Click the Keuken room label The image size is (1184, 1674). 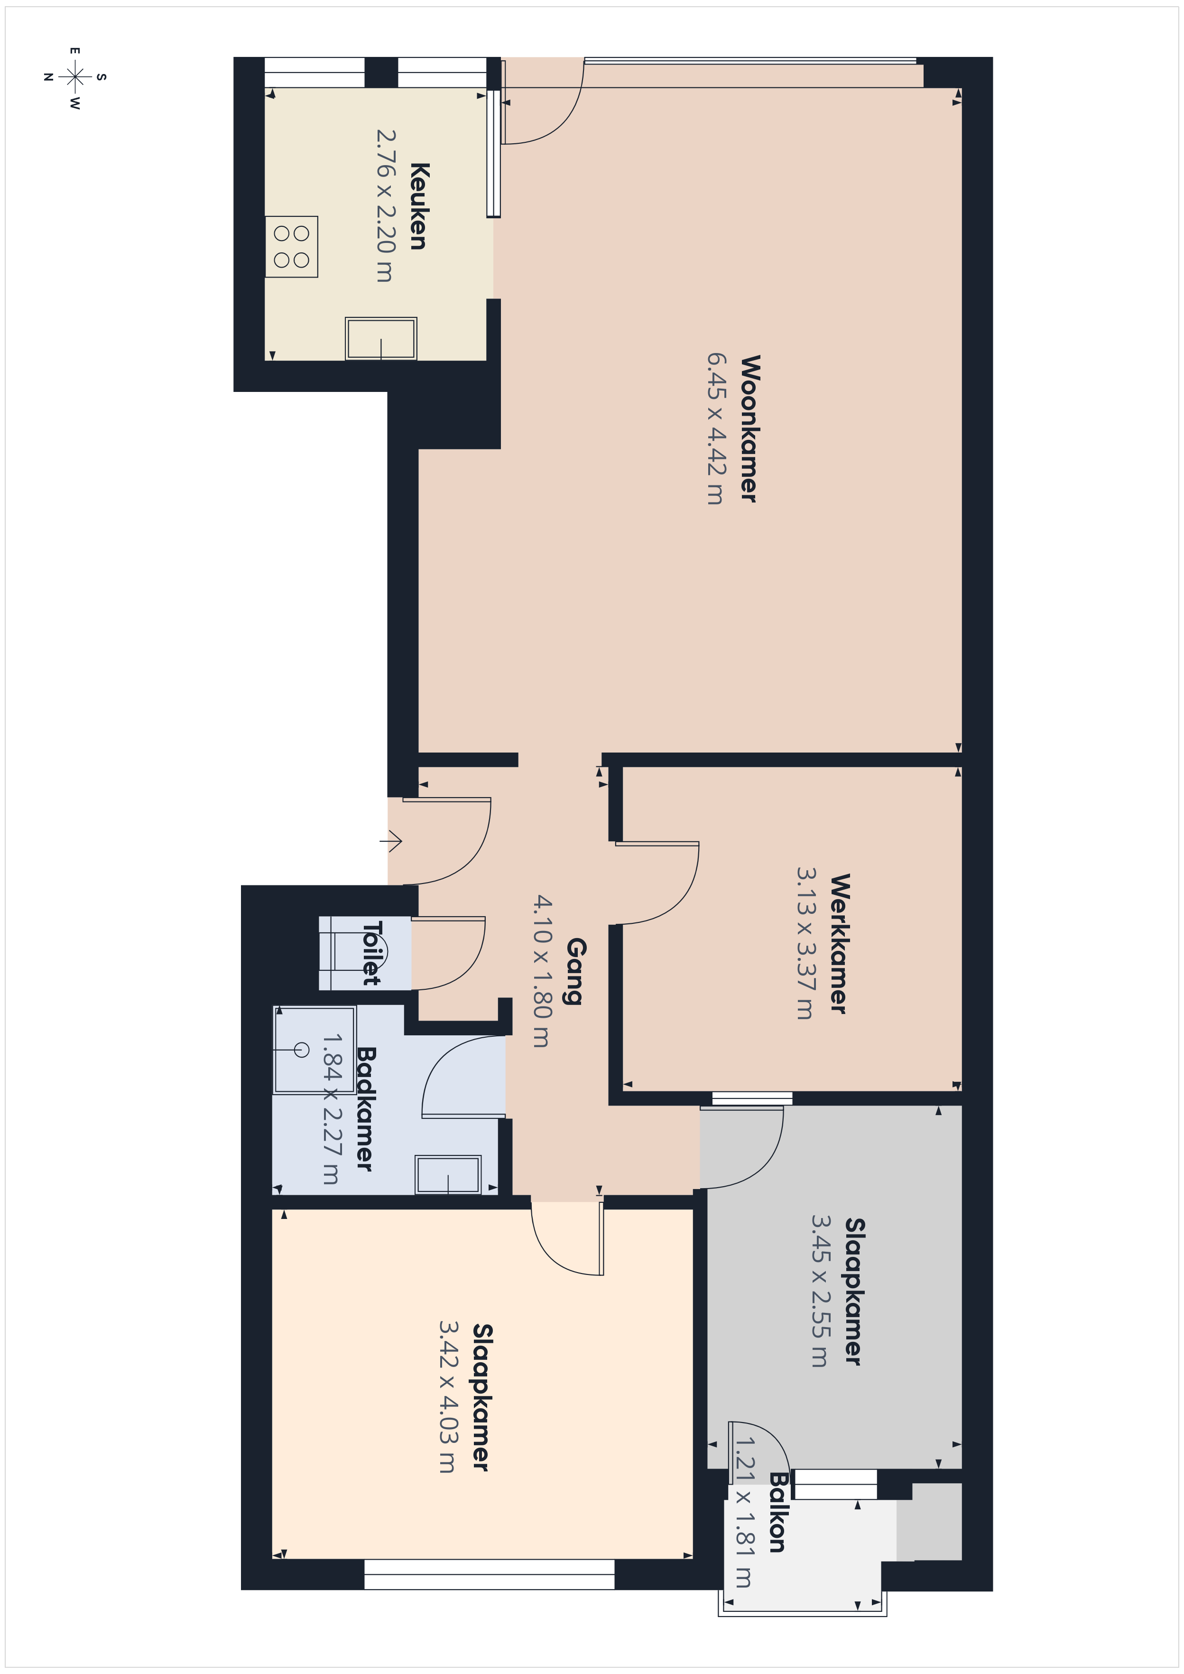click(418, 206)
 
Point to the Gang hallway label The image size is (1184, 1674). click(576, 971)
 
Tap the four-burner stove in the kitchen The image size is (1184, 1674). click(292, 246)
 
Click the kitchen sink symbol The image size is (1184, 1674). click(380, 338)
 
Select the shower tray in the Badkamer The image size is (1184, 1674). click(314, 1050)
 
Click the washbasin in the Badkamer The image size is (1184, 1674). click(448, 1174)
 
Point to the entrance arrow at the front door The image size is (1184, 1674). click(391, 841)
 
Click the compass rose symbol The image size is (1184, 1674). click(75, 76)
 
